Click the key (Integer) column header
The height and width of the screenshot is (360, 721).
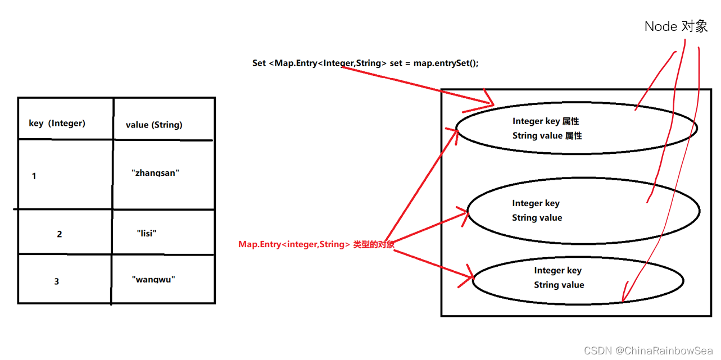57,123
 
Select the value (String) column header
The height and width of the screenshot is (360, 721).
154,125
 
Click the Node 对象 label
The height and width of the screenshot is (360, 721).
676,26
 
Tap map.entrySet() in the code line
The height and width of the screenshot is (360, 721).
446,63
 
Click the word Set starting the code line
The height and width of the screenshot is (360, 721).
259,63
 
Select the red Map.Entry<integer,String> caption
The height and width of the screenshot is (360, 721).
316,244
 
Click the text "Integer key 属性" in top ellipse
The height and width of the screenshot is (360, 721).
546,121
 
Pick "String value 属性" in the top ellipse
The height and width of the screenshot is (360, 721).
547,136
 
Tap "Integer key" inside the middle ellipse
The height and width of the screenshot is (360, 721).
536,203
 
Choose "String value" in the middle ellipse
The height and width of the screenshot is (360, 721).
537,218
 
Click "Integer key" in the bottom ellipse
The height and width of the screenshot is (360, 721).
557,270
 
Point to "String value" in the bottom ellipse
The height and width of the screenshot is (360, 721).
559,285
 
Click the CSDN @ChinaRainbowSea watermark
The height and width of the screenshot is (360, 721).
649,350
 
